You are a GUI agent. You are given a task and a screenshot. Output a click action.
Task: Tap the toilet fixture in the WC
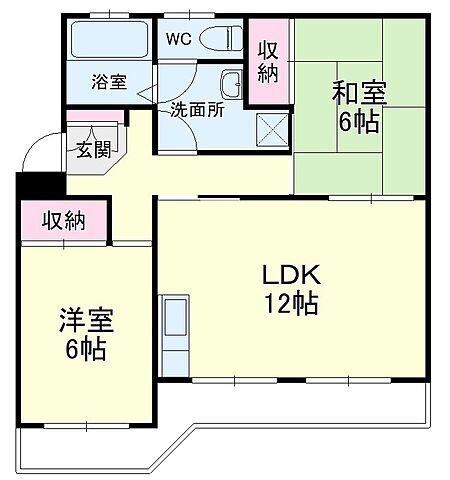coord(222,38)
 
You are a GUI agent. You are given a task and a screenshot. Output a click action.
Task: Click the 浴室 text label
coord(109,82)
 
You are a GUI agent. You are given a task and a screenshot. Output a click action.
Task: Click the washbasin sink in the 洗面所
coord(232,83)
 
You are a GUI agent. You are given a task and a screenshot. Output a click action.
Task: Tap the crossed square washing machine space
coord(270,128)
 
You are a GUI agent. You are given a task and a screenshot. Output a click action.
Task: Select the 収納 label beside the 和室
coord(269,61)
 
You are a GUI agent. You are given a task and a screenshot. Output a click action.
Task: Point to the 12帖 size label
coord(290,304)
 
